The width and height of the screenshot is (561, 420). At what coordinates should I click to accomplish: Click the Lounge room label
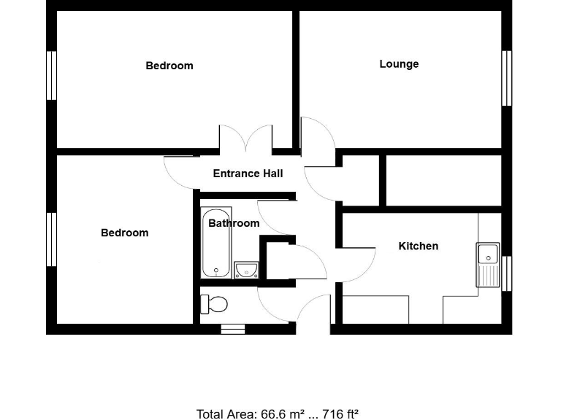[399, 64]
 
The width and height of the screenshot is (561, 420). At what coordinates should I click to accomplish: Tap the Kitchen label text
[418, 246]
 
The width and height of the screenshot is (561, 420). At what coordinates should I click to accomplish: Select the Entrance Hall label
[248, 174]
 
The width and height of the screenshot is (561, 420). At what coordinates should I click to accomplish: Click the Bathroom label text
[234, 223]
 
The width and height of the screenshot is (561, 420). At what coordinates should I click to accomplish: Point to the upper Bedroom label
[169, 66]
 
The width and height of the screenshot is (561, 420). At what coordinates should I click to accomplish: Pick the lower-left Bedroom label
[124, 233]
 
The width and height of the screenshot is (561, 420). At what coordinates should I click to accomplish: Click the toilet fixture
[215, 303]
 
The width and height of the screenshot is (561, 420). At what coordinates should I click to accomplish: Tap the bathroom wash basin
[247, 271]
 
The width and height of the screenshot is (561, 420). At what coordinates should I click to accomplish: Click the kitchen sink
[487, 263]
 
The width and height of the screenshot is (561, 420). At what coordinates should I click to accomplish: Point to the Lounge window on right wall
[505, 78]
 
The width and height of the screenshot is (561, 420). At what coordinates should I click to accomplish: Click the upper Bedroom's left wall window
[52, 75]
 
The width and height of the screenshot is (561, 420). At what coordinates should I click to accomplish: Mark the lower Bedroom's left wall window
[52, 239]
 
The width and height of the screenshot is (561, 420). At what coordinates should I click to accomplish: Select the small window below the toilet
[233, 330]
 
